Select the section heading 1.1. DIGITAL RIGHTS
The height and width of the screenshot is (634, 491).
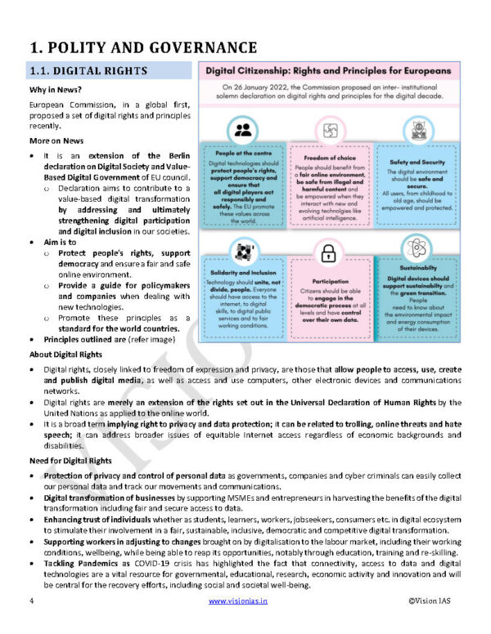[x=88, y=71]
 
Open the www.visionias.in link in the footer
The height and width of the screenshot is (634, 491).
[x=245, y=601]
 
